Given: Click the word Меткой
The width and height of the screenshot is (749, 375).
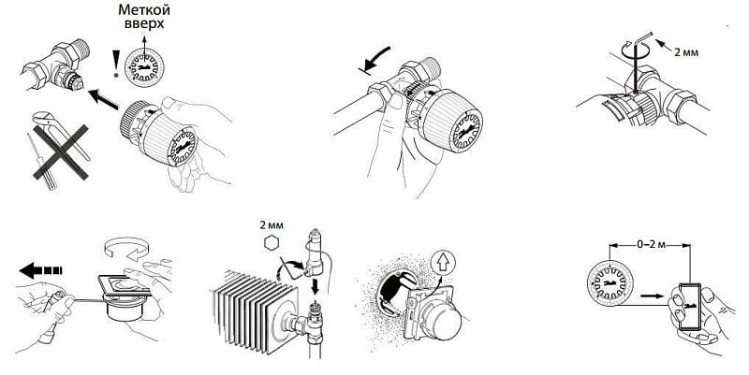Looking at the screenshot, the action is [144, 9].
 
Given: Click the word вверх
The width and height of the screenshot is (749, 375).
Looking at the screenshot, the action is [144, 23].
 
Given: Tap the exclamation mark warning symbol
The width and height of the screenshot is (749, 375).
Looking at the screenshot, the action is [114, 64].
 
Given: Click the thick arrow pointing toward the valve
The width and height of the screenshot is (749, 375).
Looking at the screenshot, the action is [104, 98].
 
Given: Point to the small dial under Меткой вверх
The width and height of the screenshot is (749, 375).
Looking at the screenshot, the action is [144, 66].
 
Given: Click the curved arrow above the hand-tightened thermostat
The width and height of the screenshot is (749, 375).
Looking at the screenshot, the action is [375, 59].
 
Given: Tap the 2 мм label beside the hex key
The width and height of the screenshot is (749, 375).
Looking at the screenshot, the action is [686, 52].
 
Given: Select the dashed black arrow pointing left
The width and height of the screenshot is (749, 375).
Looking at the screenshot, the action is [41, 270].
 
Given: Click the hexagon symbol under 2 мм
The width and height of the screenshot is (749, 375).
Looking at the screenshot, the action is [272, 243].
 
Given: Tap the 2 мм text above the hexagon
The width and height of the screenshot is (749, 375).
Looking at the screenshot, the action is [272, 224].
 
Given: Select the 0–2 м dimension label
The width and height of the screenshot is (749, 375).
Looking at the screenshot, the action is [650, 245].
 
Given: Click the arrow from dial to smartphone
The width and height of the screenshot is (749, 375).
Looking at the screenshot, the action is [652, 296].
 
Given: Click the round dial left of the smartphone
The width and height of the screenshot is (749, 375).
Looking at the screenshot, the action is [610, 283].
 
